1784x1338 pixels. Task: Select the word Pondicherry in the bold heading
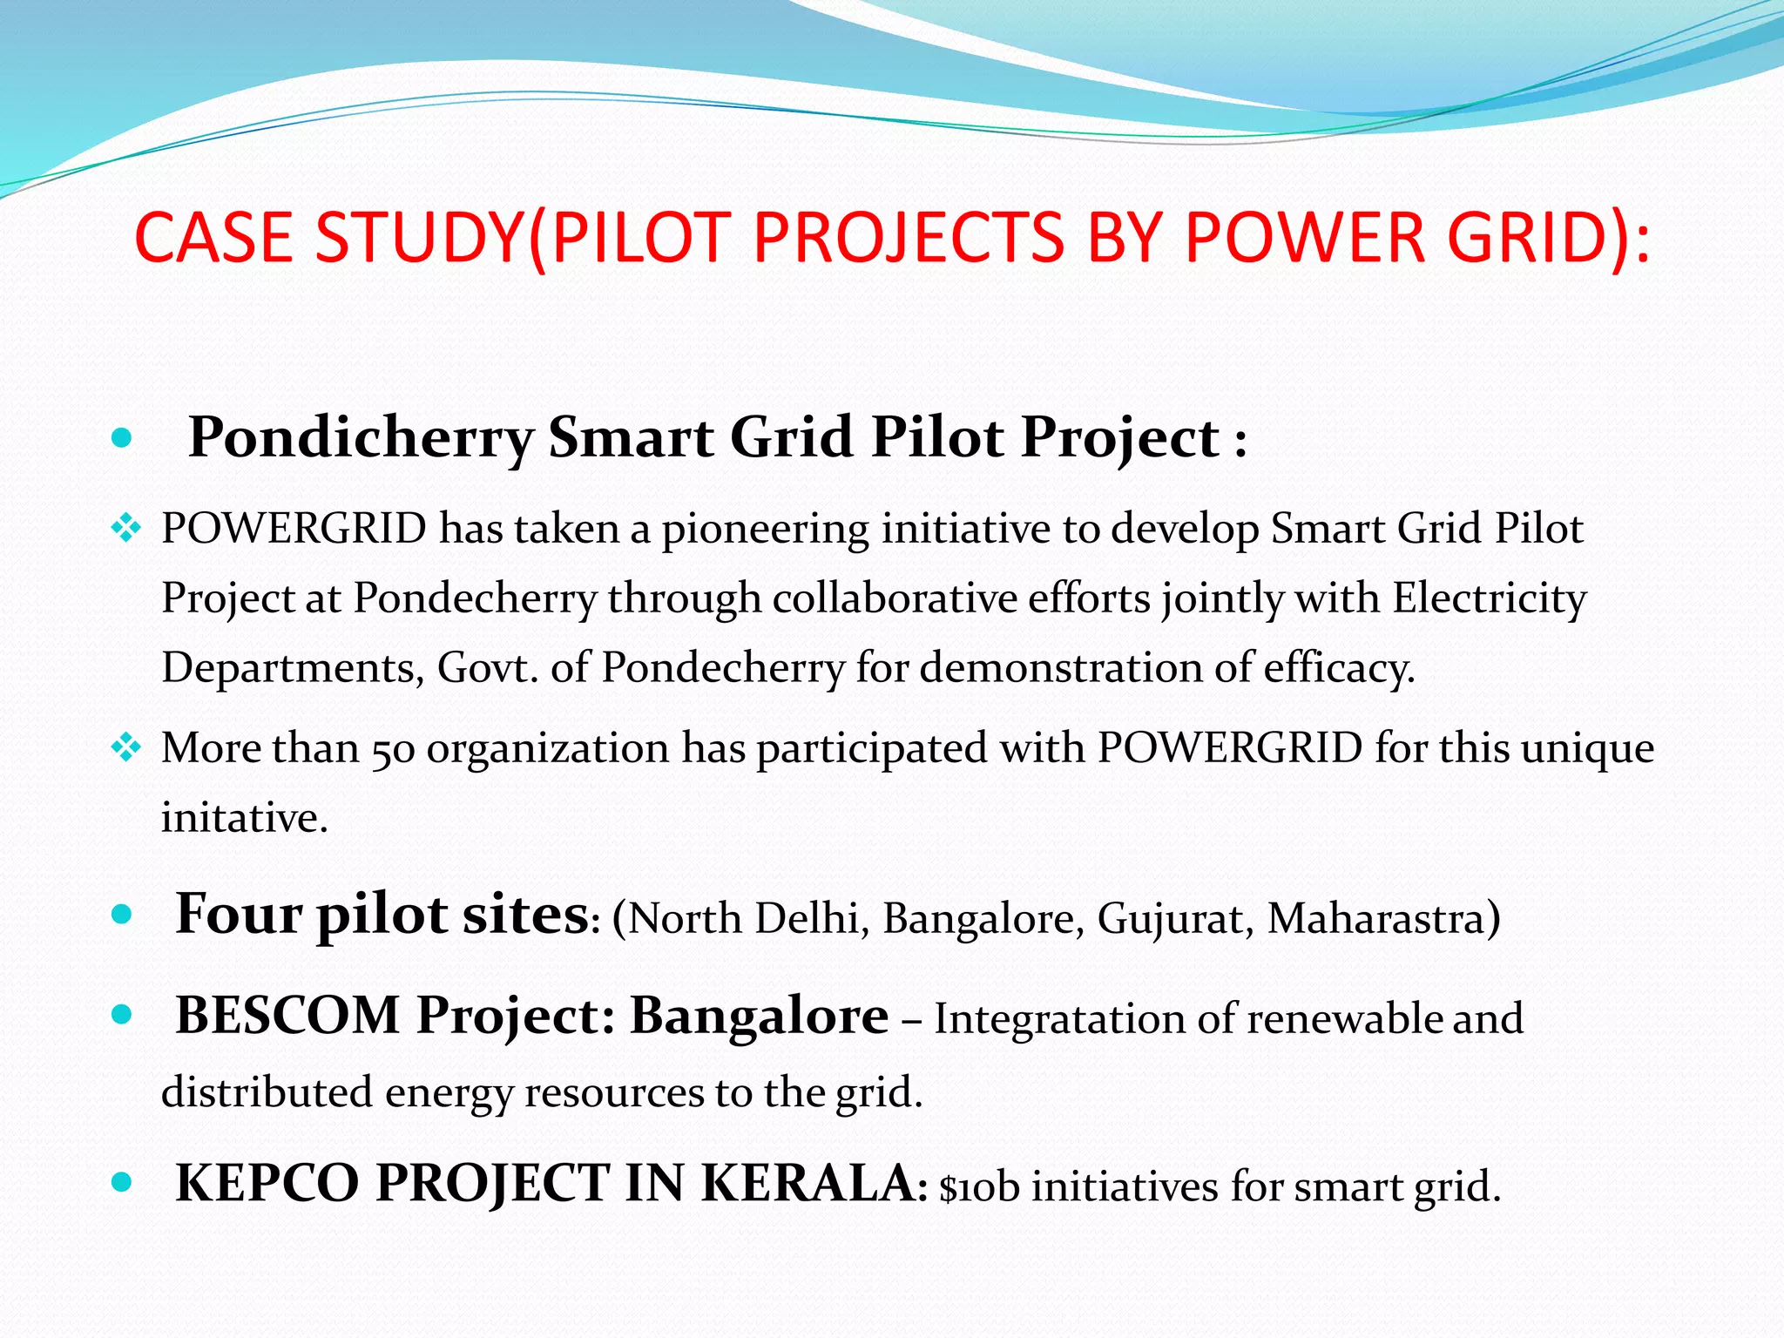pyautogui.click(x=361, y=437)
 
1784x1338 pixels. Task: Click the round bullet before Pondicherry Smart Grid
pyautogui.click(x=123, y=437)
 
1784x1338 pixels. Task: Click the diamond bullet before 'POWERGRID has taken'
pyautogui.click(x=126, y=528)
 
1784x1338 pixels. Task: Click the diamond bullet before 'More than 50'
pyautogui.click(x=126, y=747)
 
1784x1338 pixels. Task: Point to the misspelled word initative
pyautogui.click(x=244, y=819)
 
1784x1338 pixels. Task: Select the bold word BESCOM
pyautogui.click(x=287, y=1016)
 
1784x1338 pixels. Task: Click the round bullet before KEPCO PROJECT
pyautogui.click(x=123, y=1183)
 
